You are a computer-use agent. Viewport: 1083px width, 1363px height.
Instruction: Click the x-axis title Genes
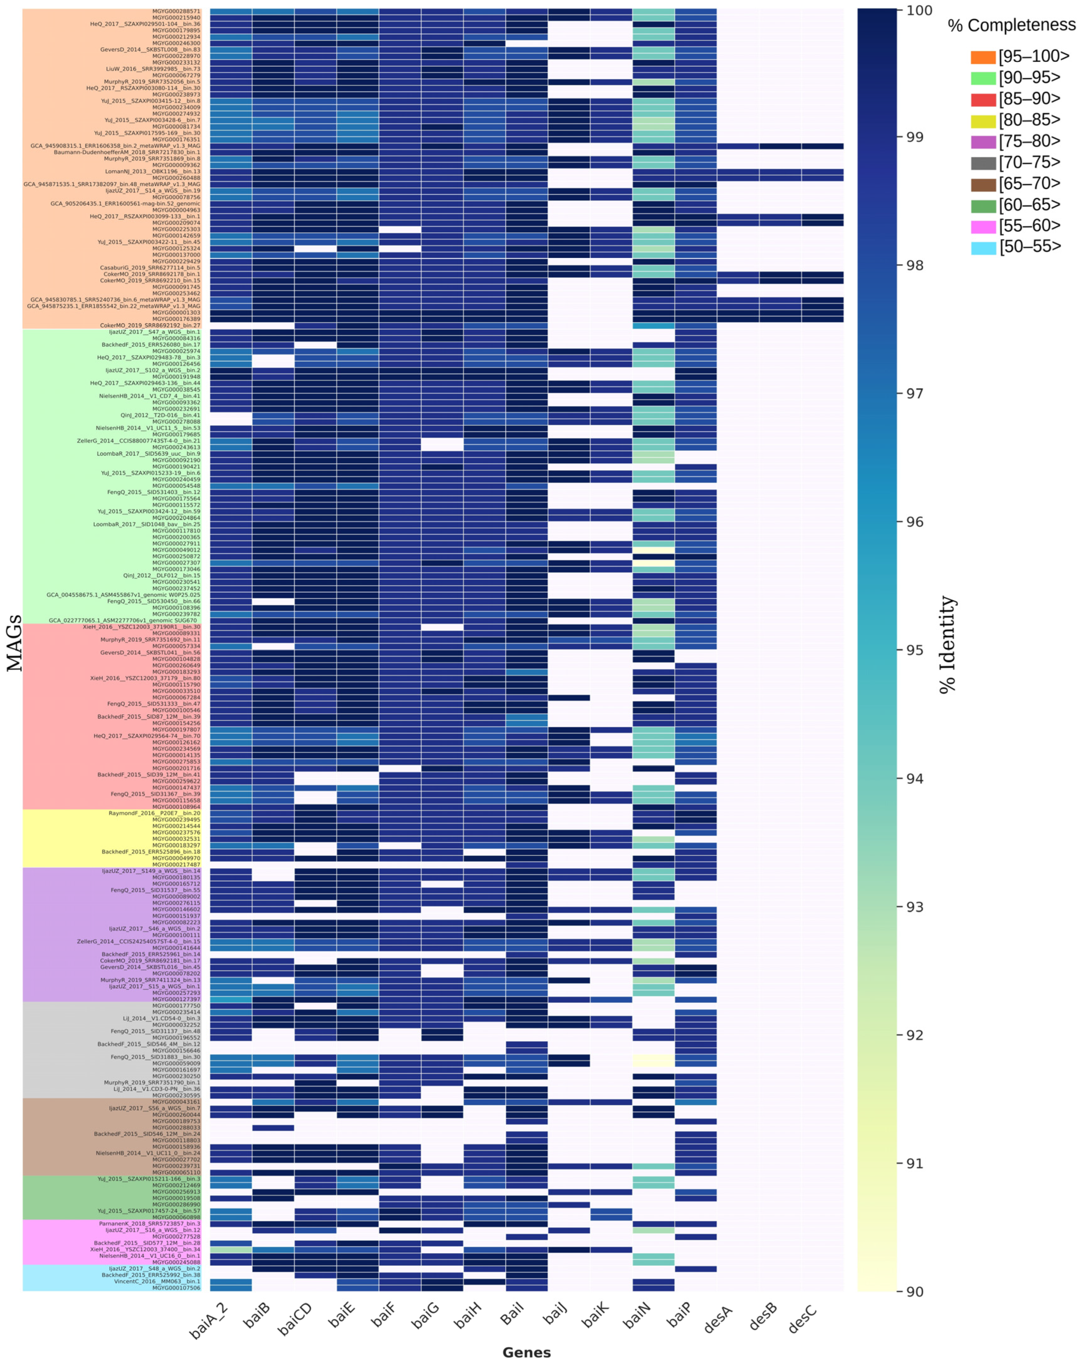[x=526, y=1352]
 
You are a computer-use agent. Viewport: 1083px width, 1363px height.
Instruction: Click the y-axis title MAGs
[x=14, y=643]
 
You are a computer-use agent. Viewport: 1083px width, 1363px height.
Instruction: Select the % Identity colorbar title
[x=948, y=645]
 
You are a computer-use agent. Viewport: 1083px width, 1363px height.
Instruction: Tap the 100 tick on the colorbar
[x=914, y=11]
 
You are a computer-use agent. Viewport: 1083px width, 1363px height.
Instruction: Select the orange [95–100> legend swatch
[x=983, y=57]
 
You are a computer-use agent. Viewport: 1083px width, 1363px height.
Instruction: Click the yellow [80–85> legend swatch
[x=983, y=120]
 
